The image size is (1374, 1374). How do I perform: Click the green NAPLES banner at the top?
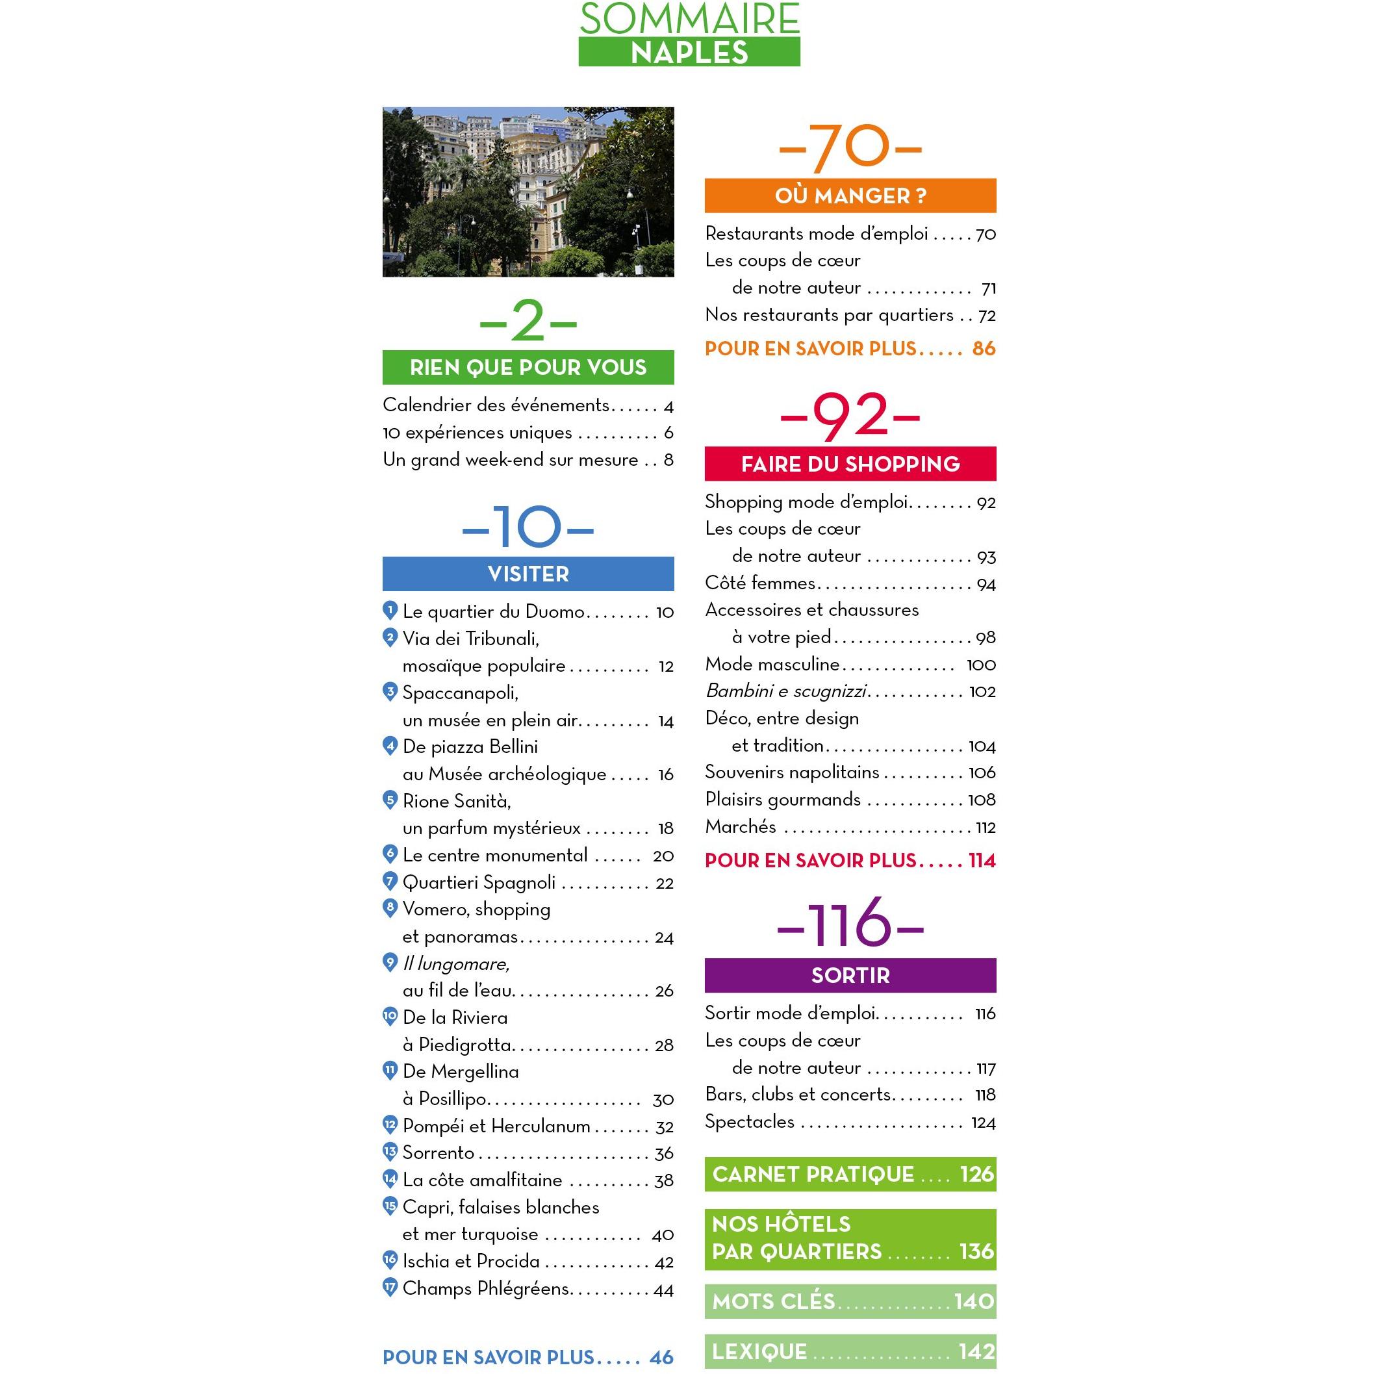[x=689, y=52]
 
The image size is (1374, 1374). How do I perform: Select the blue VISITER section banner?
[x=528, y=574]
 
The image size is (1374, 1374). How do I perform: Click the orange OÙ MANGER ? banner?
[x=850, y=196]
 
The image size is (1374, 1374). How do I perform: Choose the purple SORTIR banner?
[x=850, y=975]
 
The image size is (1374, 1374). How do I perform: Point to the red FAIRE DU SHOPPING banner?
[x=850, y=464]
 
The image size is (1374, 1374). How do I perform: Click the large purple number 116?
[x=850, y=922]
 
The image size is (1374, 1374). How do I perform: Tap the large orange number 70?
[x=850, y=149]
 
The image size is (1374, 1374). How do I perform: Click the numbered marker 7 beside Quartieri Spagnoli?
[x=390, y=882]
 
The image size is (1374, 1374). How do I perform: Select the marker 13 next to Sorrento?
[x=390, y=1151]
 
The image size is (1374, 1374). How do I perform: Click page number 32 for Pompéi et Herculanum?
[x=664, y=1126]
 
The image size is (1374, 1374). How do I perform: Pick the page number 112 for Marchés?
[x=985, y=827]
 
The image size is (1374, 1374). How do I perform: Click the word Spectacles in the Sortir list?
[x=750, y=1121]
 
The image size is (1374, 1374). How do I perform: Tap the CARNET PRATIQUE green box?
[x=850, y=1174]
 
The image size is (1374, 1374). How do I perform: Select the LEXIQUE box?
[x=850, y=1351]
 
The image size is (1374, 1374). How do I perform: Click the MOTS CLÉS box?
[x=850, y=1301]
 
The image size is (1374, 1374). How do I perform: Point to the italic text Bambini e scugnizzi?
[x=787, y=691]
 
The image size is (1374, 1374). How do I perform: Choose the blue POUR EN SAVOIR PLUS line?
[x=528, y=1357]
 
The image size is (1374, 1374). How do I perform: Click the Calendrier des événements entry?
[x=496, y=405]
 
